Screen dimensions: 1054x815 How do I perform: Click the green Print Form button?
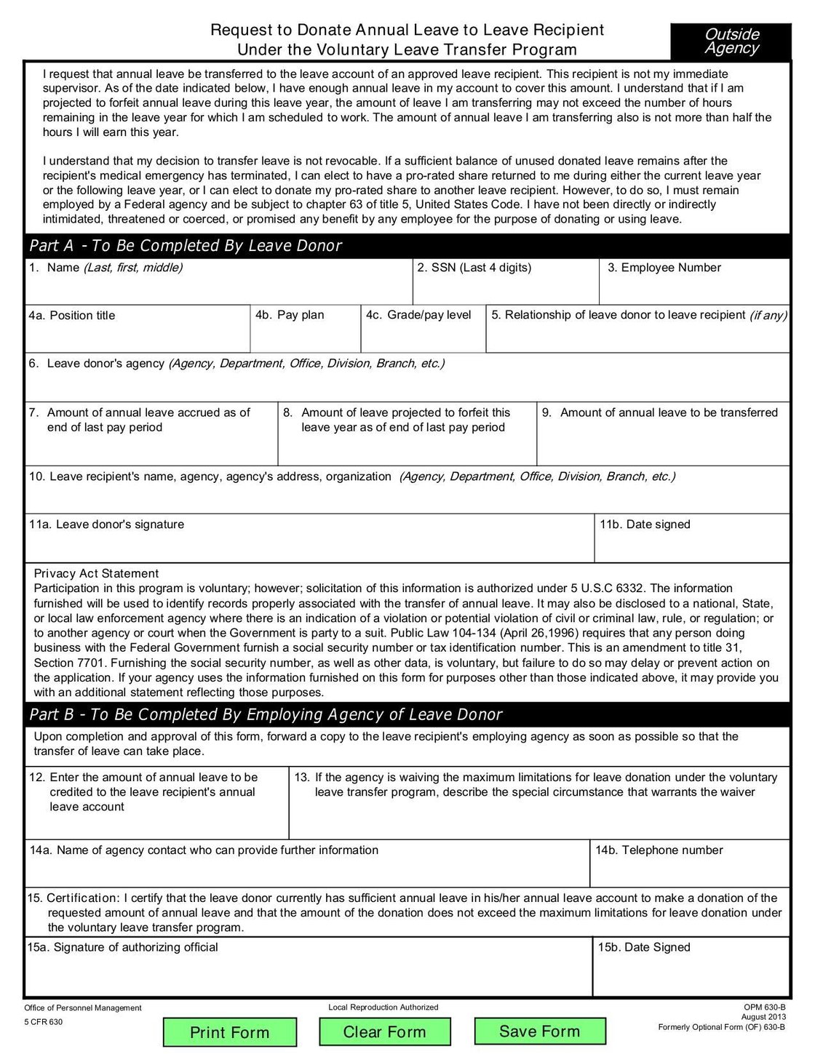229,1032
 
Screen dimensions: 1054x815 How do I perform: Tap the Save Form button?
539,1031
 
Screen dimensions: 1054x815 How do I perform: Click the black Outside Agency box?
731,41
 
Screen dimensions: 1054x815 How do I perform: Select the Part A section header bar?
407,246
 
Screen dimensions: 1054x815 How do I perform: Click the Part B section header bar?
407,714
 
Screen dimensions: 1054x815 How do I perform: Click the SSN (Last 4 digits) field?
506,287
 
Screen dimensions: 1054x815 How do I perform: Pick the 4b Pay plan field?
306,335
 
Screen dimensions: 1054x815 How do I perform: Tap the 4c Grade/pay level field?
424,335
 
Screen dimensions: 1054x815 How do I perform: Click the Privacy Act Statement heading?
96,573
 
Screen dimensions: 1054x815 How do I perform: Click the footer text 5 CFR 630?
44,1022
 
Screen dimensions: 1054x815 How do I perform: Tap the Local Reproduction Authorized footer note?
383,1007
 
